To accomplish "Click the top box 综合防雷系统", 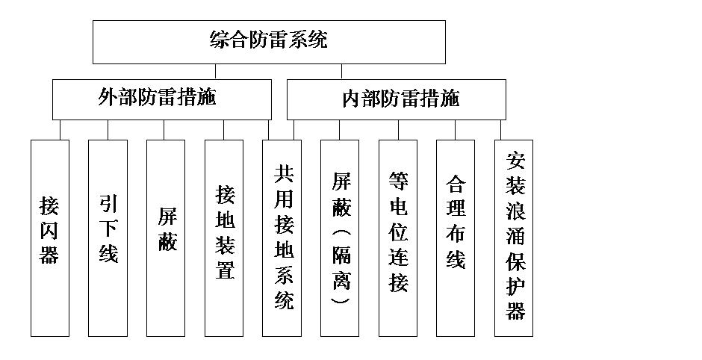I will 269,42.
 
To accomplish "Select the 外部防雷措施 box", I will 161,99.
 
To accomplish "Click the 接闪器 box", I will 49,238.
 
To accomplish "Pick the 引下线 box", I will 108,238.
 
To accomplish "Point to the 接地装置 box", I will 224,238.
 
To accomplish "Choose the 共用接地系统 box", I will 282,238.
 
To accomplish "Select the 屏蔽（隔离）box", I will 340,238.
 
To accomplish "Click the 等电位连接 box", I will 398,238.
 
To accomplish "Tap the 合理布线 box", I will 456,238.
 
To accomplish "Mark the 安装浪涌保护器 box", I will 515,238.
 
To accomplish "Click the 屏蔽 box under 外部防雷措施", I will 166,238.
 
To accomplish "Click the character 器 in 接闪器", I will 49,255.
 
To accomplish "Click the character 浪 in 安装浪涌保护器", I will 515,211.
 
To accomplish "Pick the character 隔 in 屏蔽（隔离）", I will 341,258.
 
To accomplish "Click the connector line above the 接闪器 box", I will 60,129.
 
